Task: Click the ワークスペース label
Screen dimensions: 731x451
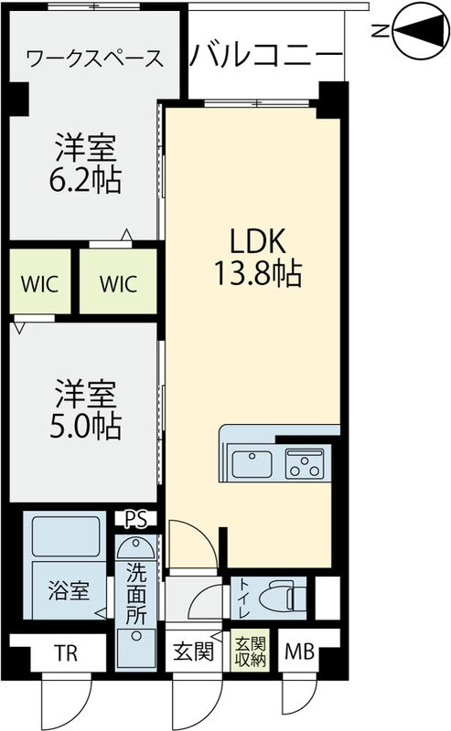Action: [x=95, y=59]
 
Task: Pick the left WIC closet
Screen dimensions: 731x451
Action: [x=39, y=282]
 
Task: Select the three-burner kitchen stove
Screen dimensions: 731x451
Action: [x=306, y=465]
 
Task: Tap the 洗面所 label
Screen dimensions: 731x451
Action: [x=136, y=595]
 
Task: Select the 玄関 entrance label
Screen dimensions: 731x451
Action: [x=193, y=652]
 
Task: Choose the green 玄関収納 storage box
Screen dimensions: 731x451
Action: [x=248, y=652]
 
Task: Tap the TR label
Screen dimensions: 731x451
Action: [x=64, y=652]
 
